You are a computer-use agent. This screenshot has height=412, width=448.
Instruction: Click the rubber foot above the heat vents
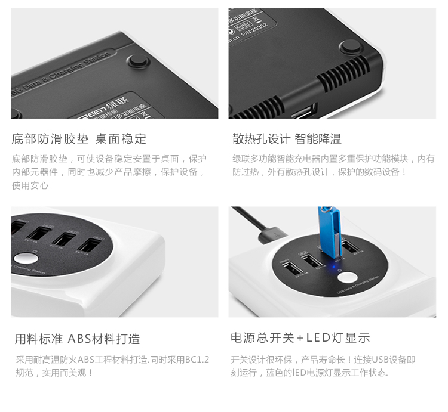(351, 47)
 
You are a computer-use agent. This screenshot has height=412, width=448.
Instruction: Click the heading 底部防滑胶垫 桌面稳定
(79, 139)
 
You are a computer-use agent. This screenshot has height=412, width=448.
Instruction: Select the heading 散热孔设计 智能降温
(287, 139)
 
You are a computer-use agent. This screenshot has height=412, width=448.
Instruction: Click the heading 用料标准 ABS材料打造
(78, 339)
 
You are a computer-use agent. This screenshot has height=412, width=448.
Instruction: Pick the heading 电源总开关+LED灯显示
(300, 338)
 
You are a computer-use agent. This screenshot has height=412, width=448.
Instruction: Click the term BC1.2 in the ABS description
(198, 359)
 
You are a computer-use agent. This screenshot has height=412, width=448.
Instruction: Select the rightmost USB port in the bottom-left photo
(87, 246)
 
